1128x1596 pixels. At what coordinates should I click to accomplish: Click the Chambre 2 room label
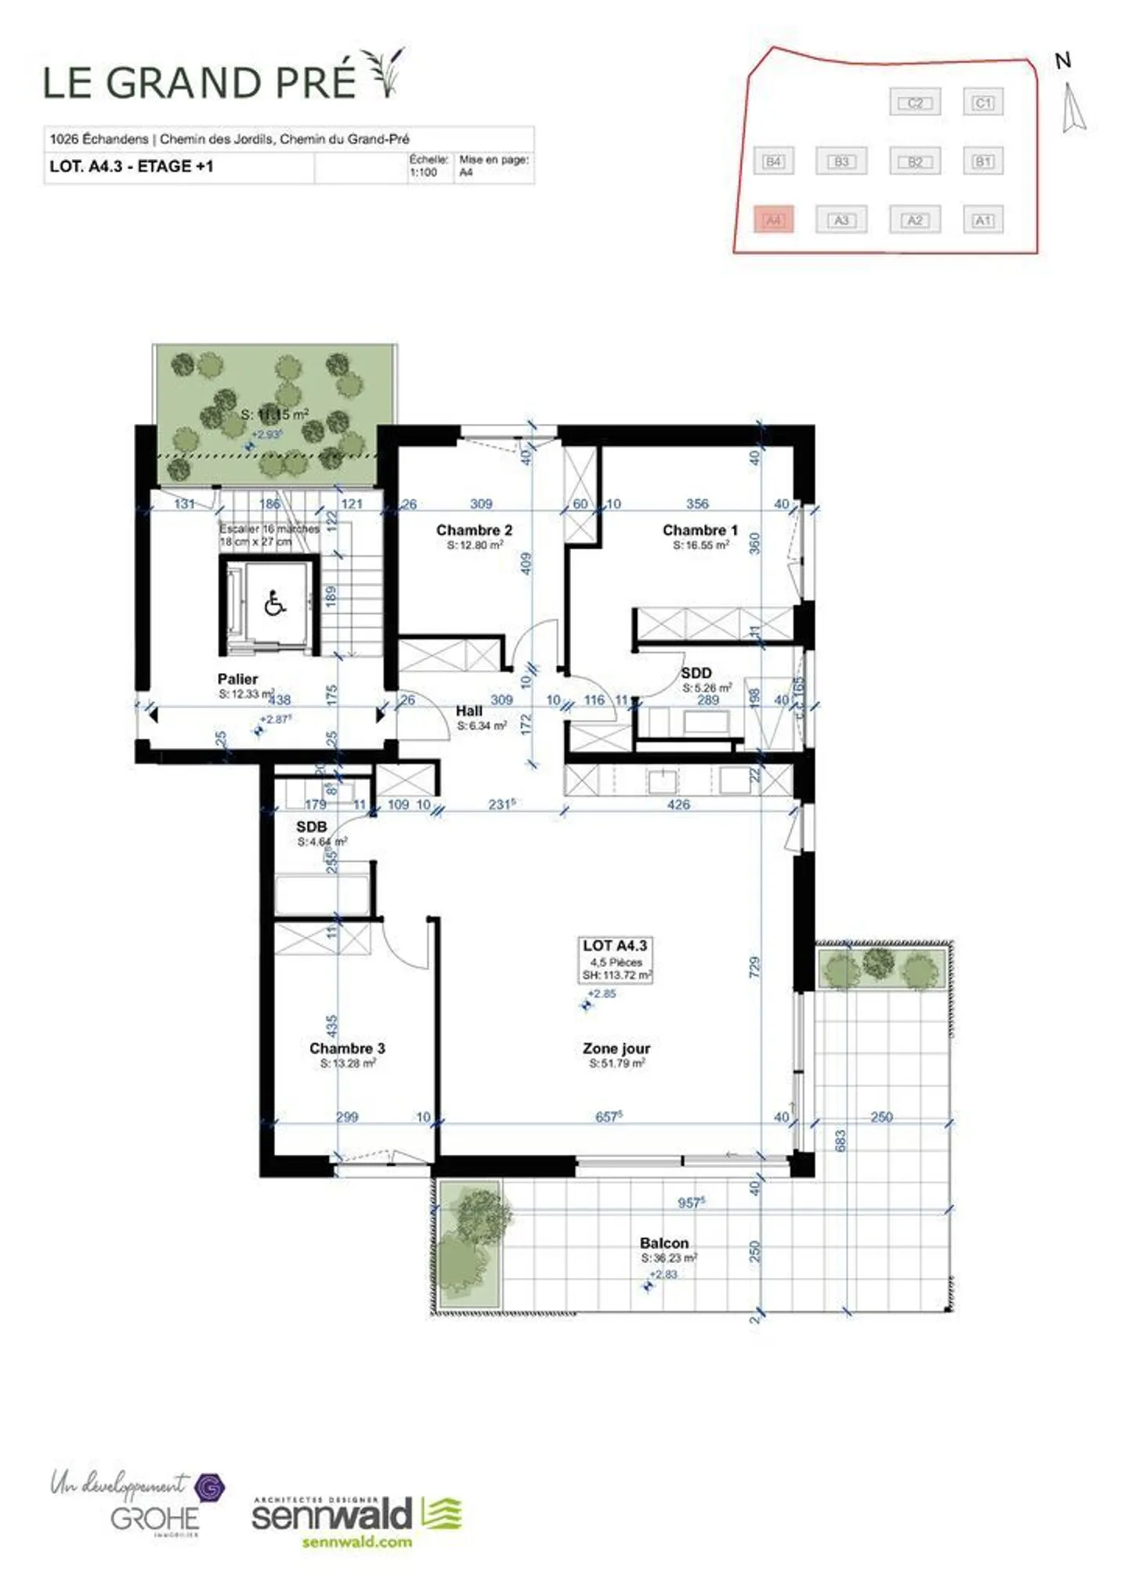pos(473,530)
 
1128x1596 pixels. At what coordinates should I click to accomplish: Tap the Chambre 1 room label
pos(700,530)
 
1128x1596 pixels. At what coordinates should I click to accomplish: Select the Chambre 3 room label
pos(347,1048)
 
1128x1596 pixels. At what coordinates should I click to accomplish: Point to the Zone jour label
pos(616,1048)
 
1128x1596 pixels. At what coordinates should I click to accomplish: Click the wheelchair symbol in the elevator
pos(274,604)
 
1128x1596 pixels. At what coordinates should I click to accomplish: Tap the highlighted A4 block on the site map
pos(773,220)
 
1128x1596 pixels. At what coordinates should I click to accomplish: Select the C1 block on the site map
pos(982,103)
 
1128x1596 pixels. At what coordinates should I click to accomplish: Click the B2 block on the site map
pos(914,161)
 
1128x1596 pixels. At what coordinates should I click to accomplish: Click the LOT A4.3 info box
pos(616,960)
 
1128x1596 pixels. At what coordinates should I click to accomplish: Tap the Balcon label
pos(663,1243)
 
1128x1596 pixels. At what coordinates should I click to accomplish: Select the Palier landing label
pos(237,679)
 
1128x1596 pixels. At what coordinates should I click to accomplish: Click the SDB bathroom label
pos(311,827)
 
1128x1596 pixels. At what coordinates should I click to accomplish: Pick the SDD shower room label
pos(696,672)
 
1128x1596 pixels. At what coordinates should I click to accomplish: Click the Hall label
pos(468,711)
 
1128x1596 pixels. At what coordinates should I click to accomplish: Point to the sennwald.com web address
pos(356,1542)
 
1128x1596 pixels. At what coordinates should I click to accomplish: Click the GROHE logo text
pos(154,1518)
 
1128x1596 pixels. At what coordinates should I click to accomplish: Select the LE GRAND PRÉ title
pos(200,82)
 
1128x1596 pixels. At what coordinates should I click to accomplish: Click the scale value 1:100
pos(423,172)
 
